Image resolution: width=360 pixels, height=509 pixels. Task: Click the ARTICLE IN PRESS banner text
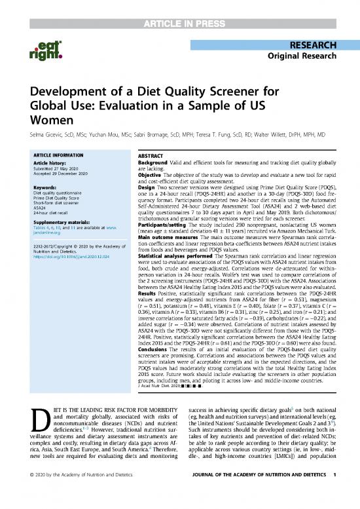(x=180, y=8)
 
